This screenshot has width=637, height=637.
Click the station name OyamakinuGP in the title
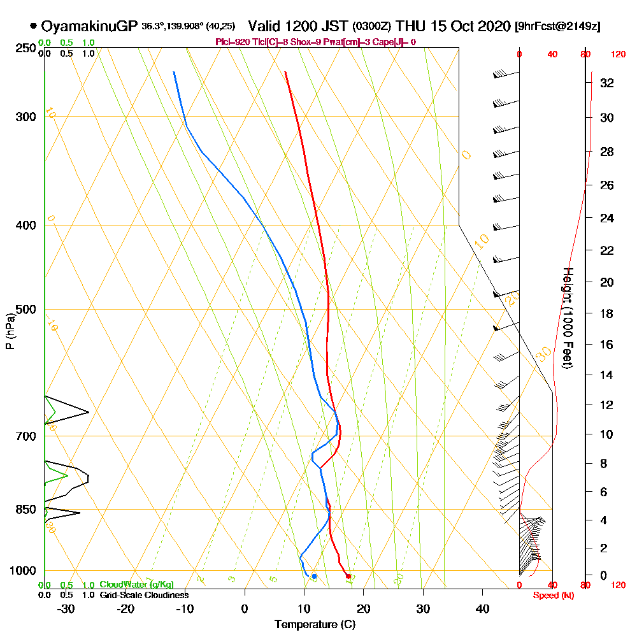tap(89, 26)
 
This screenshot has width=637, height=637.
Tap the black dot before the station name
tap(33, 26)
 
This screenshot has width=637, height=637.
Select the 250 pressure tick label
tap(25, 48)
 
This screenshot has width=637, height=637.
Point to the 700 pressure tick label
tap(25, 436)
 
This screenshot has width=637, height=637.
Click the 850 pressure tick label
tap(25, 510)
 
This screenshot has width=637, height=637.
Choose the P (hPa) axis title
tap(10, 331)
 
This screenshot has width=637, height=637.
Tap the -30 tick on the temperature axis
tap(66, 609)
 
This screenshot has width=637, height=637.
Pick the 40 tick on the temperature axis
tap(482, 609)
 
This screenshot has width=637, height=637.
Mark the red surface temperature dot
tap(348, 576)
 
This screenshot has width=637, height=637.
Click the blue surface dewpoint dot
tap(314, 576)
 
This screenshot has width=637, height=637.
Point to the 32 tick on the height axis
tap(607, 83)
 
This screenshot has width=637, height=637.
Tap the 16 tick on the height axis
tap(607, 345)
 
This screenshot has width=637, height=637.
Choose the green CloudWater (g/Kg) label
tap(136, 585)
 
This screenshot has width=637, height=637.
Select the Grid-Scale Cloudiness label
tap(144, 595)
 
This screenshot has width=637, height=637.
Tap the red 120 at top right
tap(617, 55)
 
